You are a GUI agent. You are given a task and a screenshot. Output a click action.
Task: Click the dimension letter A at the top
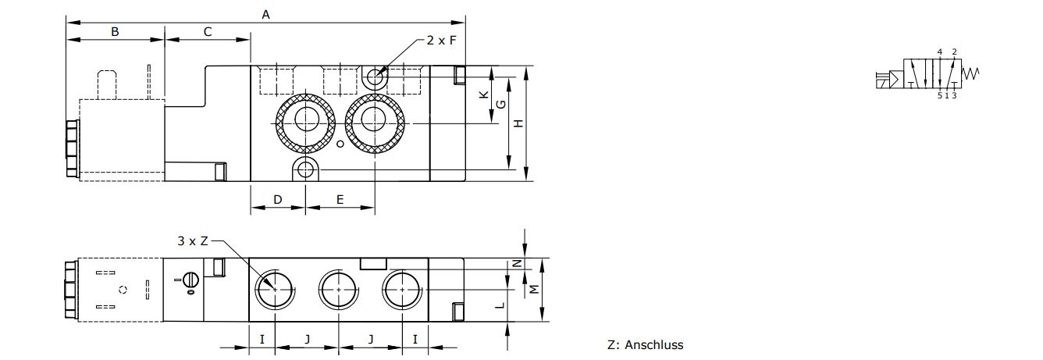266,15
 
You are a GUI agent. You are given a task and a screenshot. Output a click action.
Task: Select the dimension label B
115,32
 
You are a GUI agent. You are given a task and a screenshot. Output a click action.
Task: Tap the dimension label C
208,32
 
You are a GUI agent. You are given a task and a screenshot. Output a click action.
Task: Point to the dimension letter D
277,200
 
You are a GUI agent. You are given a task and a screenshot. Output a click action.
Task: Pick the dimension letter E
340,200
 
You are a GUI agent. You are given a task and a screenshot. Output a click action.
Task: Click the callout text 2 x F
441,41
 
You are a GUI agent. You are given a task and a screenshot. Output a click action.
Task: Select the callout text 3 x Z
193,241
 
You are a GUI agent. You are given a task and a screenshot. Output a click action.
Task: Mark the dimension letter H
518,123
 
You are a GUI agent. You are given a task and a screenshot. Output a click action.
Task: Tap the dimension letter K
484,94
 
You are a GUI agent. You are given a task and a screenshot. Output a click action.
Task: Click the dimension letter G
501,105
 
